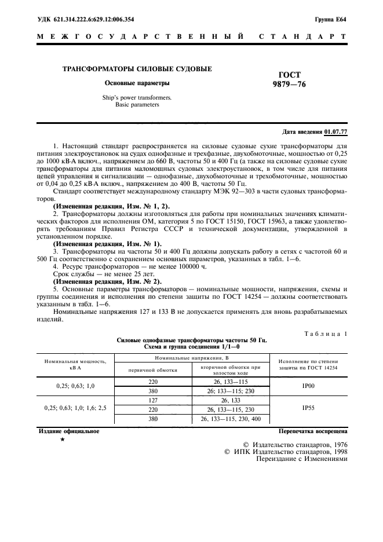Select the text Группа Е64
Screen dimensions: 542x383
coord(331,19)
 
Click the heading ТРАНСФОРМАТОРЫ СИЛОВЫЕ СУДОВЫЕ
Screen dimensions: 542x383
coord(137,69)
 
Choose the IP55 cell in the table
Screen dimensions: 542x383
coord(308,408)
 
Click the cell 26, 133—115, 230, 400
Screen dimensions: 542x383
coord(222,418)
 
